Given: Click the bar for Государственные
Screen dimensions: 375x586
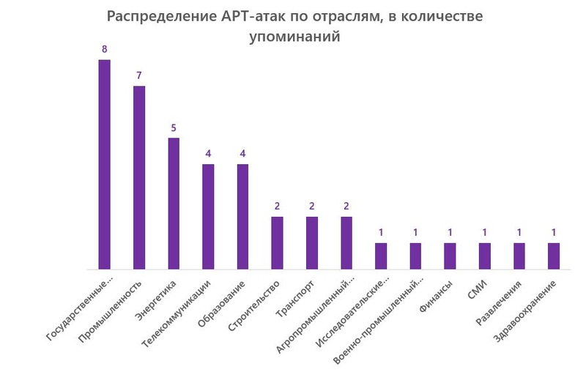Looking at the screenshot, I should point(104,165).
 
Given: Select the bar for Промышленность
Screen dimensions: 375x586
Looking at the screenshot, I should point(139,178).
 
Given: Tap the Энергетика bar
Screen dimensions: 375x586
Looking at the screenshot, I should point(174,204).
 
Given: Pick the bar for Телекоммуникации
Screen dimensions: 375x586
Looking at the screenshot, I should point(208,217).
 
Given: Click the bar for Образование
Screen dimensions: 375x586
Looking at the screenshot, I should point(242,217).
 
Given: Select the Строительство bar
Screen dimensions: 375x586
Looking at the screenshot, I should point(277,243).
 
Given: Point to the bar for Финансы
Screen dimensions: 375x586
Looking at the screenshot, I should point(450,256).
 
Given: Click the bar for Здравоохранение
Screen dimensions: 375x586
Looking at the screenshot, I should point(554,256).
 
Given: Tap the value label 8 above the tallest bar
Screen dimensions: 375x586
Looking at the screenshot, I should point(104,49).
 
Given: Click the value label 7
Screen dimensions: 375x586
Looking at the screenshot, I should point(139,75).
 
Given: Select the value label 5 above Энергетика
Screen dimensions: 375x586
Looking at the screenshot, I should point(174,127).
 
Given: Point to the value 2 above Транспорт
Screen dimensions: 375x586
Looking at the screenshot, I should point(311,207).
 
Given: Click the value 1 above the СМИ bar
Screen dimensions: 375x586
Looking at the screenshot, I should point(484,233).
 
